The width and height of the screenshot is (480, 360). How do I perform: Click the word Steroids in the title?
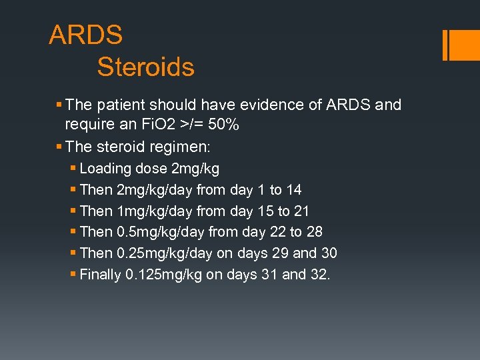[x=145, y=67]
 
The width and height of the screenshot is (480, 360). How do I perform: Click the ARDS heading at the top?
[x=85, y=35]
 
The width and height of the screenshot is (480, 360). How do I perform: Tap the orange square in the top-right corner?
[x=464, y=45]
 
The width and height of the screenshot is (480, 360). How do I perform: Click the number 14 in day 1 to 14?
[x=293, y=190]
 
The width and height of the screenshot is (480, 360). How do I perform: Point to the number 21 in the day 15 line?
[x=301, y=211]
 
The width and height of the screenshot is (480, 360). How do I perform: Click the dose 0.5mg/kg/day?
[x=159, y=232]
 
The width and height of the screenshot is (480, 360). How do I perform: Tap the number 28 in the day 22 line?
[x=314, y=232]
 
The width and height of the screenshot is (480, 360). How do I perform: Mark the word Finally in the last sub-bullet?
[x=101, y=275]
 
